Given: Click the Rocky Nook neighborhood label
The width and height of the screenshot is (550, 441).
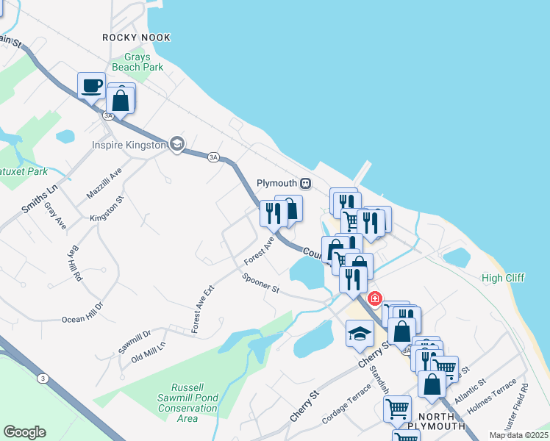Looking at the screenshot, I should [x=136, y=37].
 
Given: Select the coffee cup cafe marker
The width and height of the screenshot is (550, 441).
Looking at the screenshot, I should [x=92, y=85].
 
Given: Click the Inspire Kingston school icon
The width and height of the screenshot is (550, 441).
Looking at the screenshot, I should [x=176, y=144].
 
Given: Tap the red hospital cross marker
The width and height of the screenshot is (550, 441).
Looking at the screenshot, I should [x=374, y=298].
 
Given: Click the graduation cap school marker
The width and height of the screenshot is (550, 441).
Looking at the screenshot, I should [x=360, y=334].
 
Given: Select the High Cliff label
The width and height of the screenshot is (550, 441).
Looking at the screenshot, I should [x=503, y=278].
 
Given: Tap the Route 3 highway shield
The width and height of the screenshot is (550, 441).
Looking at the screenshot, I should [x=43, y=378].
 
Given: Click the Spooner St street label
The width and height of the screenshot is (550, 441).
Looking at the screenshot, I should [x=261, y=283].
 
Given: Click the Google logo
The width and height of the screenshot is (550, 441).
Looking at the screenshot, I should [x=24, y=432].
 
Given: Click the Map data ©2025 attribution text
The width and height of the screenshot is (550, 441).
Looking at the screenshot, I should [x=518, y=435].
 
